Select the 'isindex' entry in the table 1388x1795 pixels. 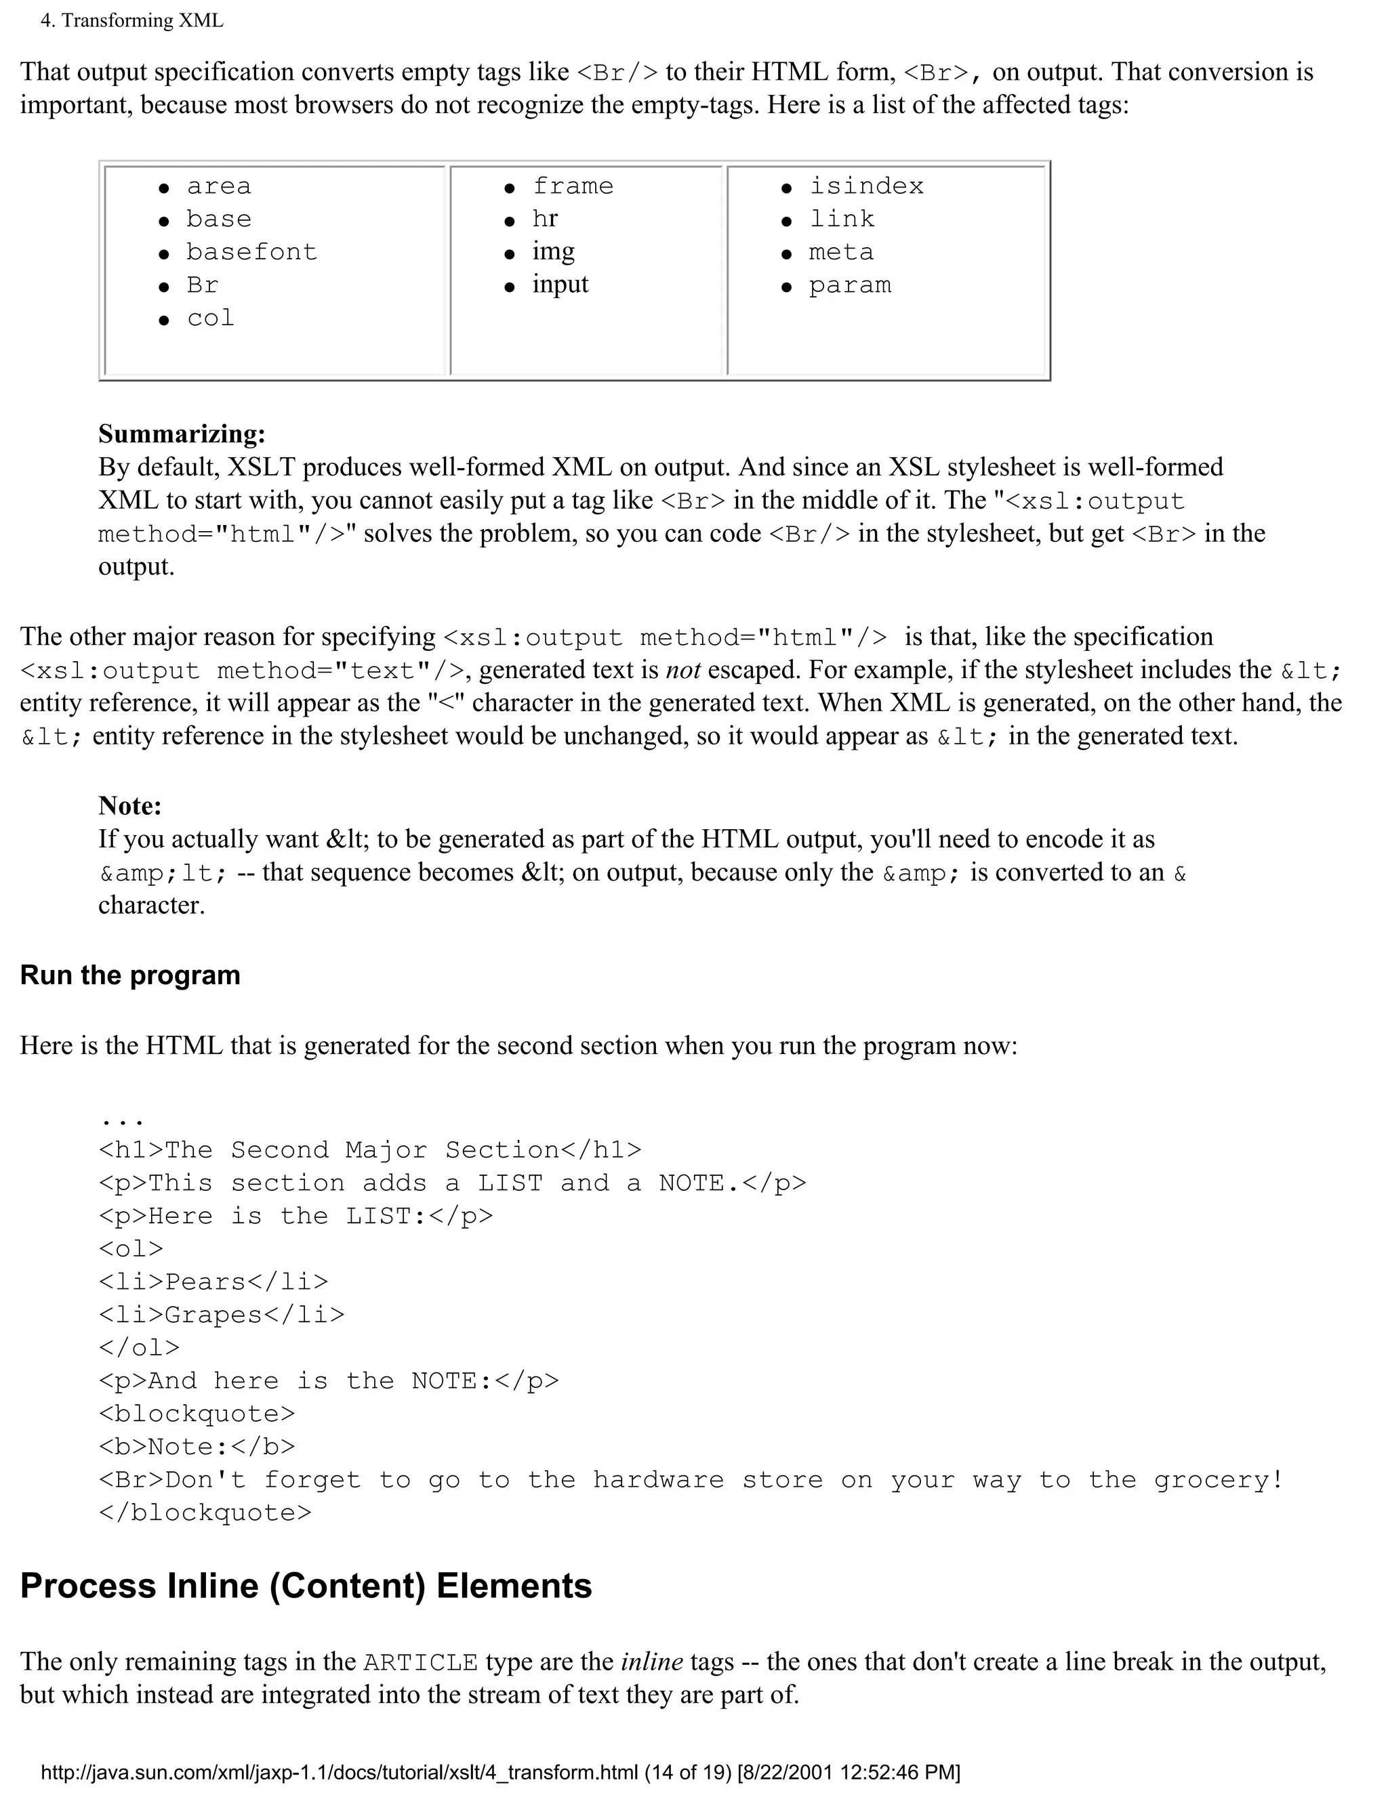coord(866,186)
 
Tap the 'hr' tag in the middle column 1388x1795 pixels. coord(544,219)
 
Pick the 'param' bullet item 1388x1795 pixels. coord(849,285)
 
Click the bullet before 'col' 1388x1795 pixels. coord(163,320)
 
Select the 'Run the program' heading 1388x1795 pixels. coord(130,975)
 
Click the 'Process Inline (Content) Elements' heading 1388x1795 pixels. coord(305,1586)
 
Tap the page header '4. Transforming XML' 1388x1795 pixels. coord(131,20)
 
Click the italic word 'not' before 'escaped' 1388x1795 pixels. coord(682,670)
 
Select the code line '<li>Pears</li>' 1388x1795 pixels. coord(213,1282)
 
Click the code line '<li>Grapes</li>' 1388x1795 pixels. coord(221,1314)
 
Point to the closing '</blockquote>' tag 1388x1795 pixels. coord(205,1513)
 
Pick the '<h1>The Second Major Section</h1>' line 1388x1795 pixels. coord(369,1150)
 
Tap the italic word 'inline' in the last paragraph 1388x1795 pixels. coord(651,1661)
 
